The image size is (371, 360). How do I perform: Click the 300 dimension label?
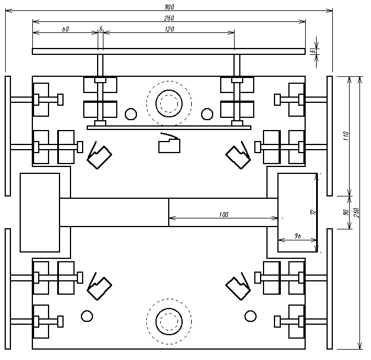[169, 7]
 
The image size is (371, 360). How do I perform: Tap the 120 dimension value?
[169, 28]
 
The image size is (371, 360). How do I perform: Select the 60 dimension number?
[65, 28]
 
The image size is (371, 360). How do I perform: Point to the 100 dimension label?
[224, 214]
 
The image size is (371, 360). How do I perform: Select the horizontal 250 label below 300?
[169, 18]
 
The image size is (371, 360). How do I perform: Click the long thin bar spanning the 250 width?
[169, 51]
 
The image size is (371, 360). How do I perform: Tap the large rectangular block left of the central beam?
[40, 212]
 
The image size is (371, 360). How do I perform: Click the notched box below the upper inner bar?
[169, 144]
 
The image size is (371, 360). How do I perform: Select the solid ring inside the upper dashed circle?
[169, 104]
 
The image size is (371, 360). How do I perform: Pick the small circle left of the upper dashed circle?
[131, 113]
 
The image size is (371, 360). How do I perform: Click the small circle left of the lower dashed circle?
[87, 316]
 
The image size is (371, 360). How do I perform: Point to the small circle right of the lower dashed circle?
[250, 316]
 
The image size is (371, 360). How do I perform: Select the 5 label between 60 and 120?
[101, 28]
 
